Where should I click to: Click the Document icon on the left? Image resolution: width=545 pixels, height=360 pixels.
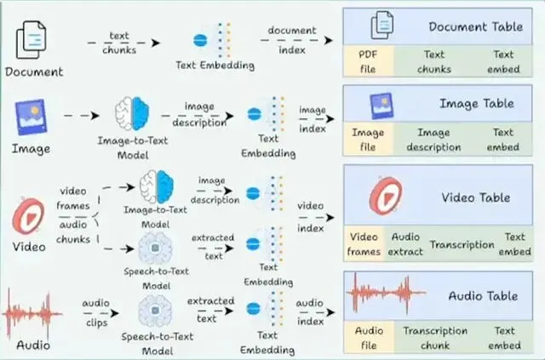31,40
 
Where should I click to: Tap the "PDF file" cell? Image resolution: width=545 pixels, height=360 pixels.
369,61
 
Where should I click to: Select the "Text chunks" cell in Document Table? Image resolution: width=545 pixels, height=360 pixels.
434,61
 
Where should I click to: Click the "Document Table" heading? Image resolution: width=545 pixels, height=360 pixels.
475,26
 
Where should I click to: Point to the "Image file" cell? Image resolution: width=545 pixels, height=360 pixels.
368,140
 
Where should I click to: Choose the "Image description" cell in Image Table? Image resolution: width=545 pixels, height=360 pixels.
433,140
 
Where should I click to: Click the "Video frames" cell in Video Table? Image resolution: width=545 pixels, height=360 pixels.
364,243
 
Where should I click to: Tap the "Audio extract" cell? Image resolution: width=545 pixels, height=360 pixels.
405,243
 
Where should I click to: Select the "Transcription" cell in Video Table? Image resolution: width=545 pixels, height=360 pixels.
462,244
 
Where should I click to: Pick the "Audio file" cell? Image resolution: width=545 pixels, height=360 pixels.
369,337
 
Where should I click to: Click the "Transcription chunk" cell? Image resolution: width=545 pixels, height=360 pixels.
435,337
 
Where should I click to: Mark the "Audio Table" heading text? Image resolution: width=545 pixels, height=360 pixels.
483,295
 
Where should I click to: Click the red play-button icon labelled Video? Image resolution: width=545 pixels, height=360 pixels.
28,216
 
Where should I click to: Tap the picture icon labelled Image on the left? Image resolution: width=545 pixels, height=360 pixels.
31,117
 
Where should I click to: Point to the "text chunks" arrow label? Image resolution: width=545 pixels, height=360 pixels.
119,43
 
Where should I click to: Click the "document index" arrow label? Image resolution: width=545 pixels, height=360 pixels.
292,40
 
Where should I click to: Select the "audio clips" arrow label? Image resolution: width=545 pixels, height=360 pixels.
96,312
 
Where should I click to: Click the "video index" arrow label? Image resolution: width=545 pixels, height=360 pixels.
310,217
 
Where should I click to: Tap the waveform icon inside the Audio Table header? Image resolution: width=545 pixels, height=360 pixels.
387,293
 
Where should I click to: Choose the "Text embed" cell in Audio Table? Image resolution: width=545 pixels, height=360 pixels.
504,337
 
